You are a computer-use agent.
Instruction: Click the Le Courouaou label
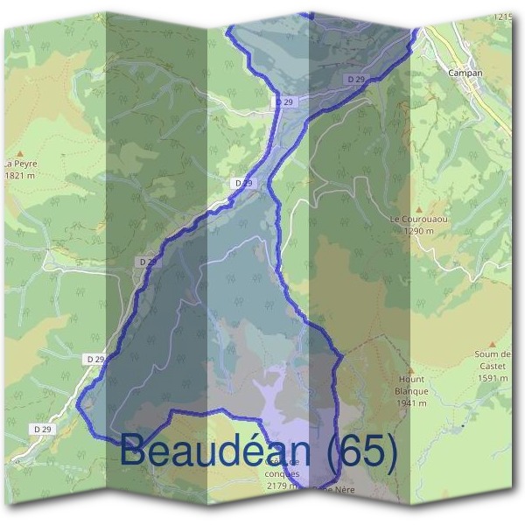412,219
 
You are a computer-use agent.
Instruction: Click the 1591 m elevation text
493,378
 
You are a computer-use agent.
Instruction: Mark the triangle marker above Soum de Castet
492,345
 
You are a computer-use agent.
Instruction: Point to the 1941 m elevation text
410,403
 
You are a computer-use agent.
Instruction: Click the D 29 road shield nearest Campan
355,79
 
